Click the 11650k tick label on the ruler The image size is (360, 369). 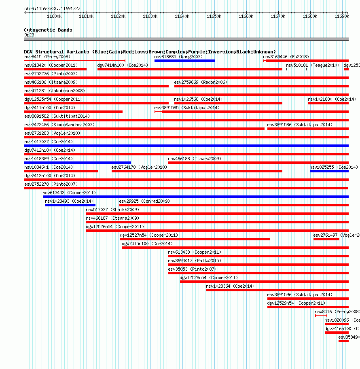[x=214, y=16]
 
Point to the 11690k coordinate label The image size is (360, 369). [x=342, y=16]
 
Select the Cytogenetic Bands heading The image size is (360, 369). [x=48, y=30]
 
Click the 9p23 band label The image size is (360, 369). [x=29, y=35]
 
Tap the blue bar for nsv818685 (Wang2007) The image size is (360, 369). [x=184, y=61]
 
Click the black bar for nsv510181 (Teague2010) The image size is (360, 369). [x=296, y=69]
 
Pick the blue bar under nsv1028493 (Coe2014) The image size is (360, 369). [x=70, y=205]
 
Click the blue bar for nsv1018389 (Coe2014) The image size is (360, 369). [x=77, y=163]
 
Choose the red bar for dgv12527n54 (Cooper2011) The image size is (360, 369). [x=195, y=239]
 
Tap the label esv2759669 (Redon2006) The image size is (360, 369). [x=201, y=82]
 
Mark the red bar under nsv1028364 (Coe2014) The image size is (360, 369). [x=277, y=290]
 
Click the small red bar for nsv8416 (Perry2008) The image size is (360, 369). [x=321, y=316]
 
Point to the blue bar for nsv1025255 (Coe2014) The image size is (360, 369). [x=329, y=171]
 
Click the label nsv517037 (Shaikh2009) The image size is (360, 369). [x=112, y=210]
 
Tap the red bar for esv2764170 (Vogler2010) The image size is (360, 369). [x=197, y=171]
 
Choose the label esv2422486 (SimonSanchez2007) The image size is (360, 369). [x=59, y=125]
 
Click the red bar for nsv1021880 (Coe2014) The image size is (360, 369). [x=328, y=103]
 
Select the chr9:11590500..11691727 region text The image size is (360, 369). [x=52, y=8]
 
